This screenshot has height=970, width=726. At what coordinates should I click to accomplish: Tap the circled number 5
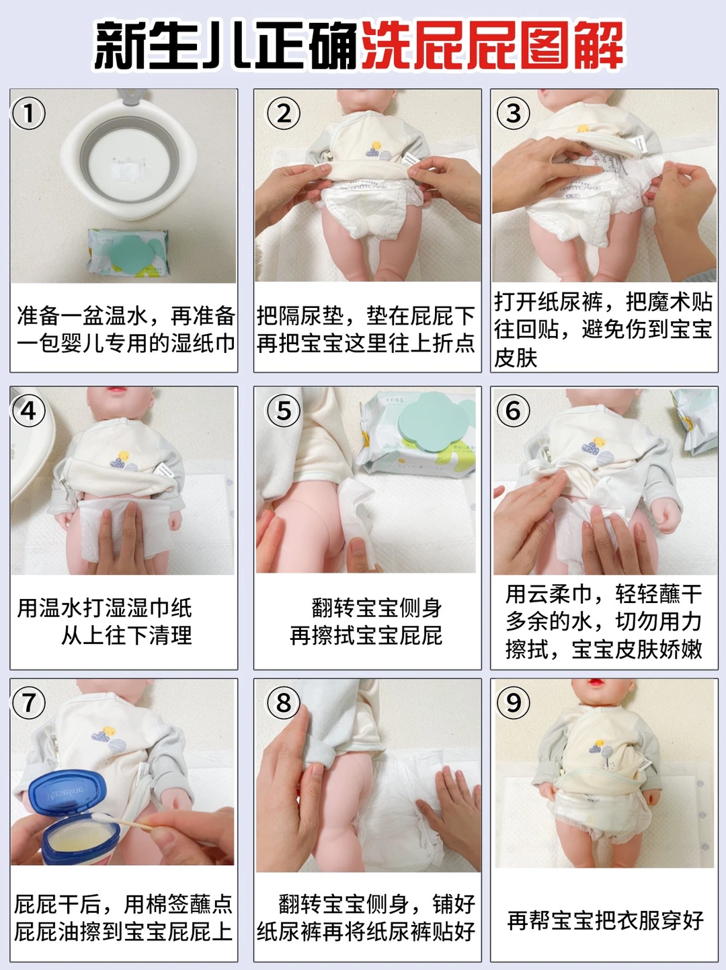tap(284, 411)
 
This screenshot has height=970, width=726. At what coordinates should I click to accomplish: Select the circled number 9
tap(513, 702)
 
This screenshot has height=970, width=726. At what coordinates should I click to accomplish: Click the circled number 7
tap(29, 702)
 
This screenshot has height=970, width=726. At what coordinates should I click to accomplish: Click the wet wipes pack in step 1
tap(128, 252)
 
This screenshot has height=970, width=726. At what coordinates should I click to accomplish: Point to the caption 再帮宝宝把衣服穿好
tap(604, 920)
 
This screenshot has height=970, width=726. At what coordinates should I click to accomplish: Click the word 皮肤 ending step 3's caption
tap(515, 358)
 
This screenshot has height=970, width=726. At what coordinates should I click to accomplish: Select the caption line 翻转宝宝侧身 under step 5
tap(376, 607)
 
